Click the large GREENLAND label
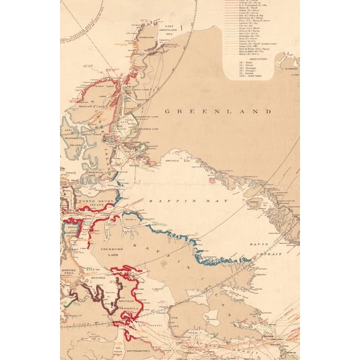pos(218,111)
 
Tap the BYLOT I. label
pos(131,220)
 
